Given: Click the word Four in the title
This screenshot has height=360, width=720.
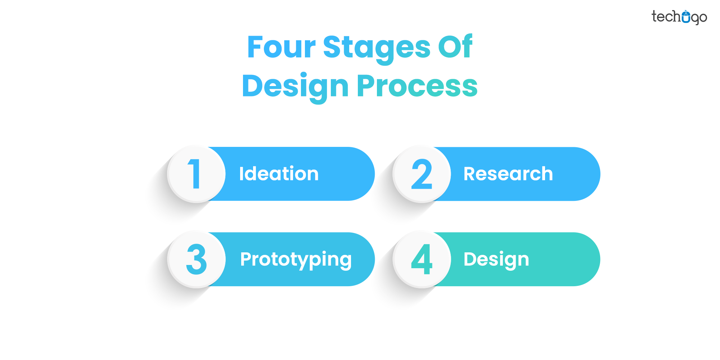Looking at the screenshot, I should (282, 47).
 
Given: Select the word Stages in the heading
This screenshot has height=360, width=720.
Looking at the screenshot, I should (377, 48).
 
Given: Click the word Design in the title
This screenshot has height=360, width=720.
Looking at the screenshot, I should (295, 86).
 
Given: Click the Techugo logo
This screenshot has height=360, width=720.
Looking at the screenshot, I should (679, 17).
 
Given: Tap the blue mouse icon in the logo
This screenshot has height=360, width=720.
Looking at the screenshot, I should (686, 17).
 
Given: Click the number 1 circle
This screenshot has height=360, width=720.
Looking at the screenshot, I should (196, 174).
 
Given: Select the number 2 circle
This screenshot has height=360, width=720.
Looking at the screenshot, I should (422, 174).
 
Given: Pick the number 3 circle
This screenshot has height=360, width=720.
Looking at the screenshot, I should (196, 259).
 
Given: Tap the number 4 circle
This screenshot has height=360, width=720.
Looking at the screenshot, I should (422, 259).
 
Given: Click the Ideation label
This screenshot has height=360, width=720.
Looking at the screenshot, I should (279, 174).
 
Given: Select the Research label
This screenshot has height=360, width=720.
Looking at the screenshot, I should (508, 174).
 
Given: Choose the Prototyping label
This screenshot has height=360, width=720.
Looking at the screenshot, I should (296, 260).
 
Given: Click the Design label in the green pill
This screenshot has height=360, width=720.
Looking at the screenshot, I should (496, 260).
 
